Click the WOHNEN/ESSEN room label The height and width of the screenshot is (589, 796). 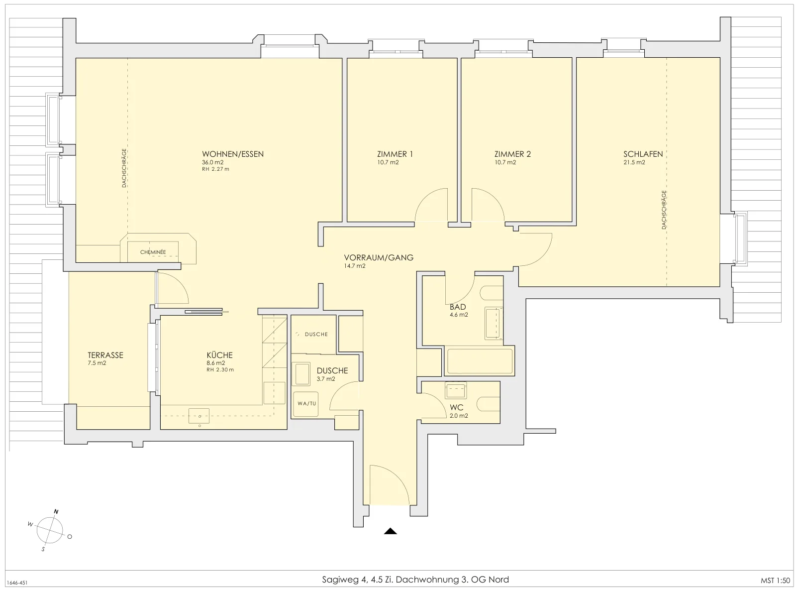(x=232, y=154)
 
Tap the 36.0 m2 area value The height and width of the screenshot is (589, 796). (x=213, y=162)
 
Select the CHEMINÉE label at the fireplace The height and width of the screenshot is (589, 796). (x=153, y=252)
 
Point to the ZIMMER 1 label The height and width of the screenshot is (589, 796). (x=395, y=154)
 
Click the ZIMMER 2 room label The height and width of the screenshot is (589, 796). (x=512, y=154)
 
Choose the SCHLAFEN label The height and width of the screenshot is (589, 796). (x=643, y=154)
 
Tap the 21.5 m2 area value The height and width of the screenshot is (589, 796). (x=634, y=162)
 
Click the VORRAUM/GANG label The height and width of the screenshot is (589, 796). (x=379, y=257)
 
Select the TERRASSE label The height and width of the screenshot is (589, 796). (x=105, y=355)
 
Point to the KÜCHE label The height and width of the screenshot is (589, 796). (x=219, y=355)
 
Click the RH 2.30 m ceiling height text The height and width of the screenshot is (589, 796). (x=220, y=369)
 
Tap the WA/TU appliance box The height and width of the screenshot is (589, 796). (x=306, y=404)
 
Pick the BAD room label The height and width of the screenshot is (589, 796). (x=458, y=307)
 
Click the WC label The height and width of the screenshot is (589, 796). (x=457, y=408)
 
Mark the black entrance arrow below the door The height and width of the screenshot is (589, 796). (x=391, y=531)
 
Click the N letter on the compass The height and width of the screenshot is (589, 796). (x=56, y=512)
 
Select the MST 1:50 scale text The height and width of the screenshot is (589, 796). (x=775, y=581)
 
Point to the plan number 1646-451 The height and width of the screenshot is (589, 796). (x=17, y=583)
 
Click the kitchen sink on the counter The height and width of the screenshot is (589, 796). (x=199, y=416)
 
